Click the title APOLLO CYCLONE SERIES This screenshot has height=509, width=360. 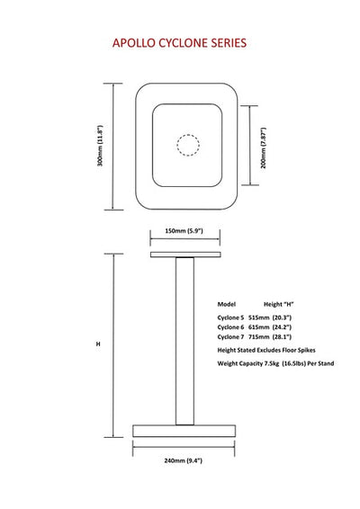click(179, 43)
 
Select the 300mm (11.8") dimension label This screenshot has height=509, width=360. click(100, 146)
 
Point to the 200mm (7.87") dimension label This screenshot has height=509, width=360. click(264, 148)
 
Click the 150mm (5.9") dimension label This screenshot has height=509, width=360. click(184, 231)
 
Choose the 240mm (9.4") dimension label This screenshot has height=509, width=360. click(184, 460)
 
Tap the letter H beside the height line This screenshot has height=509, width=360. click(98, 344)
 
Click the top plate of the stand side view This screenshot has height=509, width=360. click(185, 254)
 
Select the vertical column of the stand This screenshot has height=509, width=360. click(184, 341)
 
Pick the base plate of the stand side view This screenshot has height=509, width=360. click(184, 431)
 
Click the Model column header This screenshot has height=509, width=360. click(227, 304)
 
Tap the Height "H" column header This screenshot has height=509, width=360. click(278, 304)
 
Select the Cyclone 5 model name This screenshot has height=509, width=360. click(230, 317)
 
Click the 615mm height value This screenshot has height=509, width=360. click(259, 327)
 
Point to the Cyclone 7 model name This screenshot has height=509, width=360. click(230, 337)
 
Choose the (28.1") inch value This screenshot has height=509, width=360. click(282, 337)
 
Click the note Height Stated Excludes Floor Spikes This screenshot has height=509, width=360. click(266, 350)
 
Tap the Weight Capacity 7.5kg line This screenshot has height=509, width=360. click(275, 363)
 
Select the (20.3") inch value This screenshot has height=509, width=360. click(282, 317)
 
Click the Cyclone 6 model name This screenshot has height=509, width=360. click(230, 327)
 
